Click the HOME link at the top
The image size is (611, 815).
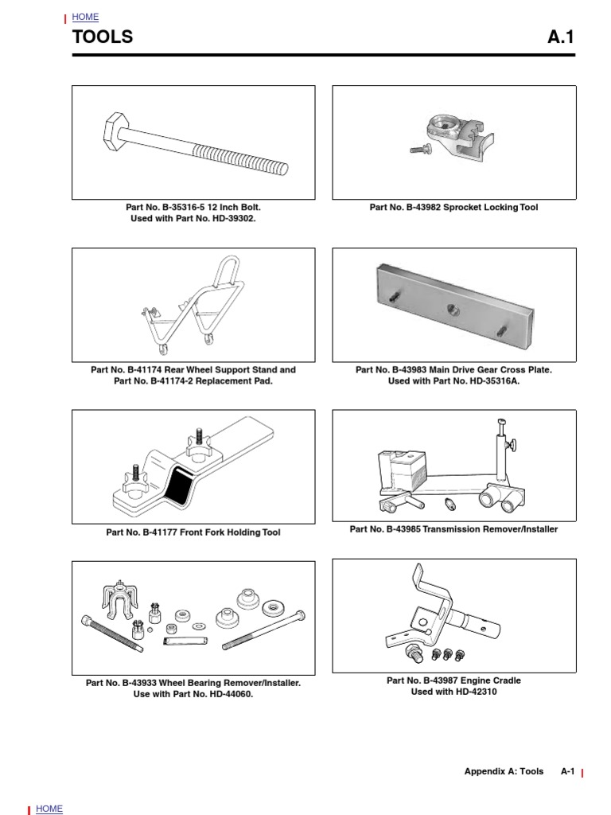coord(85,17)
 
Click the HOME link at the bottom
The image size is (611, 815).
coord(49,809)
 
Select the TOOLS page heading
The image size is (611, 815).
coord(103,37)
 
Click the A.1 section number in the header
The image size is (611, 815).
coord(561,37)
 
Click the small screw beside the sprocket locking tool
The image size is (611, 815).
coord(419,149)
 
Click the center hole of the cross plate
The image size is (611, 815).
coord(453,307)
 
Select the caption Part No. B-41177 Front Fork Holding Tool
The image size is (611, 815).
coord(193,532)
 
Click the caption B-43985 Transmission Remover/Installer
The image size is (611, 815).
coord(453,529)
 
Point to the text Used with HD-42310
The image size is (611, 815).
coord(453,692)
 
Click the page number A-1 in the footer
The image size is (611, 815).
coord(567,771)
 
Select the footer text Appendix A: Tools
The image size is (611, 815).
coord(504,771)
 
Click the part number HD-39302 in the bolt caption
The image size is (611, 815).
coord(226,219)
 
